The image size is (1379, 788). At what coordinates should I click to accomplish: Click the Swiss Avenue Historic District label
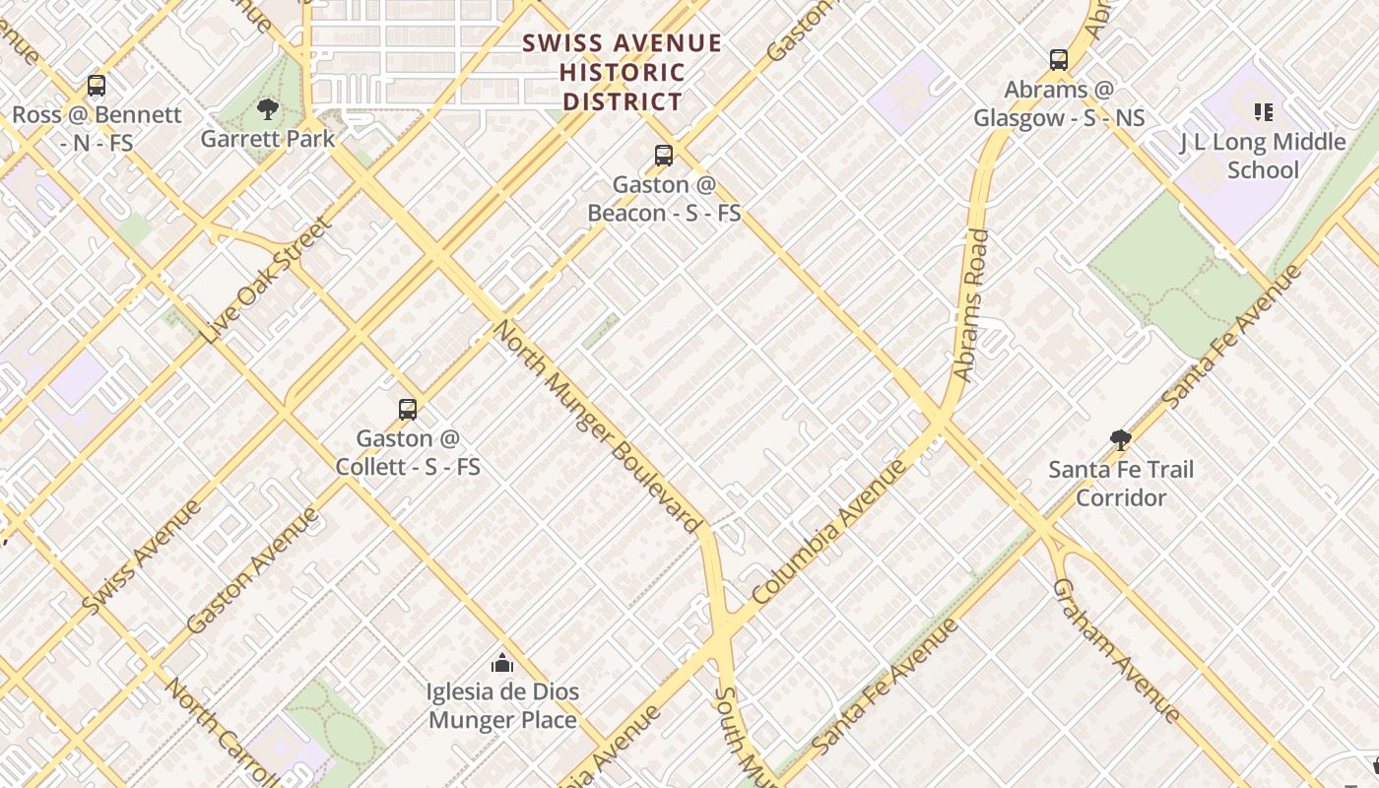622,73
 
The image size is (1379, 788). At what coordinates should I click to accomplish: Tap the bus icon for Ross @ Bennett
96,86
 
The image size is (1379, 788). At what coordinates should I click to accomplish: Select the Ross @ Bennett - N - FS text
97,129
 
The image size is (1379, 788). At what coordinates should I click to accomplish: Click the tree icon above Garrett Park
266,109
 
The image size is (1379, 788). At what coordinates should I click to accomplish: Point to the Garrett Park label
268,139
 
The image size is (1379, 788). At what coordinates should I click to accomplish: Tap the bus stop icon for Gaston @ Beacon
664,156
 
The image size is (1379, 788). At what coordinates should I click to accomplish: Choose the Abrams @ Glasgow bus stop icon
1059,60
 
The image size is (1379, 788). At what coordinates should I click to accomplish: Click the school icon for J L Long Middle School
1263,112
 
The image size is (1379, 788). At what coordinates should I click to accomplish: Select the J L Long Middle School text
1263,156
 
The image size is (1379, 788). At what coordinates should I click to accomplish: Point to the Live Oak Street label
267,281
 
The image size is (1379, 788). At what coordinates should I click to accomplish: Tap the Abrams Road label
970,305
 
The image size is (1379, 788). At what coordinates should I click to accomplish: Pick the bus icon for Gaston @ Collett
408,410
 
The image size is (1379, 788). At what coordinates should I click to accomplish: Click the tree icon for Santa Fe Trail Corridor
1120,440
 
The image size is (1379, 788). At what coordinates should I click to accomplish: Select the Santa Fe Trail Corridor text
1121,484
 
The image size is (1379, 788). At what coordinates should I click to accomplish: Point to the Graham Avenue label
1115,650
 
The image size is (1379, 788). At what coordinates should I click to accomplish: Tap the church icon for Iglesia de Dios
502,663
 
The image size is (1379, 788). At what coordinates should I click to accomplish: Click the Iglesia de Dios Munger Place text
502,706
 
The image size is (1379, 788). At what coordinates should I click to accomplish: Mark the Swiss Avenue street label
142,558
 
